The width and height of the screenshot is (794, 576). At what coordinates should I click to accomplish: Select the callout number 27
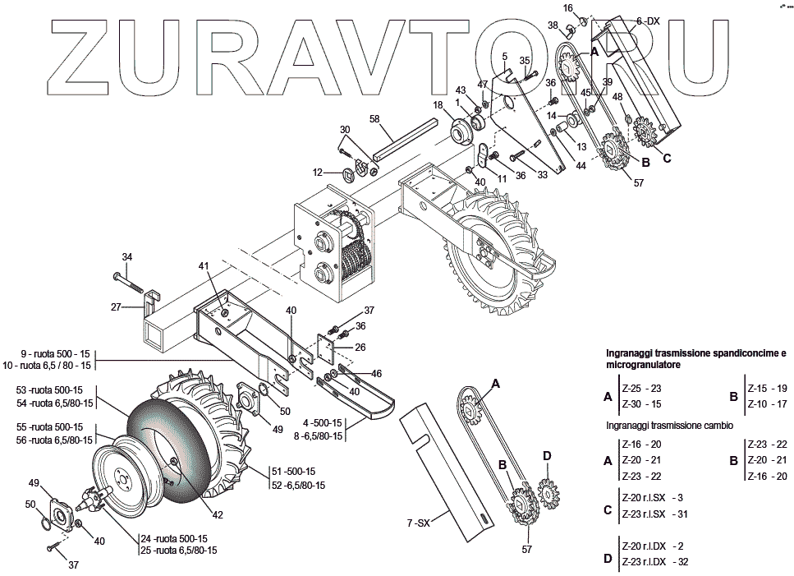click(x=116, y=307)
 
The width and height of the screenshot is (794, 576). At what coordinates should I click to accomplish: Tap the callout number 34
click(x=126, y=256)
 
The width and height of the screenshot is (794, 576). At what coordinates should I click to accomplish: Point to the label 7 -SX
click(x=419, y=523)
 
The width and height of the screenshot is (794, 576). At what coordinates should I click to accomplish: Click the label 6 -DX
click(x=648, y=21)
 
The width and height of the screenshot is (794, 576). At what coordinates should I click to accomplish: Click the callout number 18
click(x=438, y=104)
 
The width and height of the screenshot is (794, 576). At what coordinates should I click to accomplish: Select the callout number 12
click(x=316, y=173)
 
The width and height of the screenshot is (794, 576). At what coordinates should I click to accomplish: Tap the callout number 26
click(x=360, y=347)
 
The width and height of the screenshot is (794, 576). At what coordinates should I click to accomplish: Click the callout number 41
click(x=204, y=265)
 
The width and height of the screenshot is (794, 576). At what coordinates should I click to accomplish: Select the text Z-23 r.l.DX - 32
click(x=655, y=563)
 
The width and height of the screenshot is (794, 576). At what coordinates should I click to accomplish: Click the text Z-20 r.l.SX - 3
click(x=652, y=498)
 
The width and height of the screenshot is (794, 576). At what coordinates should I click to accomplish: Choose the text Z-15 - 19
click(x=767, y=387)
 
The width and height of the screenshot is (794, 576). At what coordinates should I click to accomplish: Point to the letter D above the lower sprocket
click(x=547, y=455)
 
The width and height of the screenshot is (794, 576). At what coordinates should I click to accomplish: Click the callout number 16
click(x=567, y=7)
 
